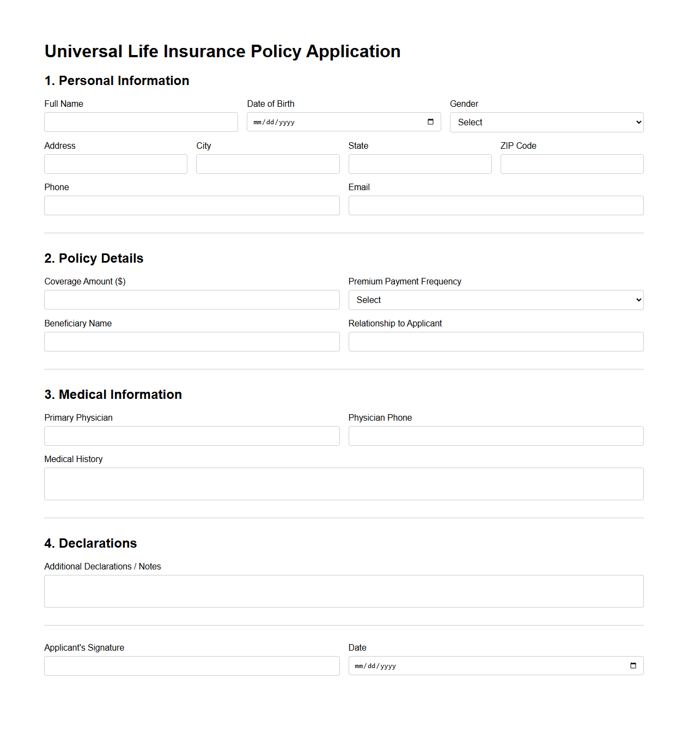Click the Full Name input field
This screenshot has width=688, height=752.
tap(141, 122)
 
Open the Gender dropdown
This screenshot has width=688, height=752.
tap(546, 122)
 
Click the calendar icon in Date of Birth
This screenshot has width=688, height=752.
tap(430, 122)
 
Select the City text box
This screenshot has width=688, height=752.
tap(267, 164)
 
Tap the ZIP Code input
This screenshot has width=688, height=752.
tap(571, 164)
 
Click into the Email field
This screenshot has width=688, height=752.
tap(496, 205)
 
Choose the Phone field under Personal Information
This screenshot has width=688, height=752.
tap(192, 205)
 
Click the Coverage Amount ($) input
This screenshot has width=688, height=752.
tap(192, 300)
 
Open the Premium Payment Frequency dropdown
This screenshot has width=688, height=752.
tap(496, 300)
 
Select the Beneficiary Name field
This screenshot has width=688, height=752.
tap(192, 342)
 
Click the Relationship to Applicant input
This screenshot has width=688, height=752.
tap(496, 342)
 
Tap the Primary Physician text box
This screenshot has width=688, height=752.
tap(192, 436)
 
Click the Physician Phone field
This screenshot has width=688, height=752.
tap(496, 436)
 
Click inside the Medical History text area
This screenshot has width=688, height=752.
tap(344, 484)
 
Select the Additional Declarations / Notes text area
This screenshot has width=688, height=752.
tap(344, 591)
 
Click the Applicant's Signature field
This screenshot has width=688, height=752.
tap(192, 666)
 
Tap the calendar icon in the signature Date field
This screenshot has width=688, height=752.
tap(633, 666)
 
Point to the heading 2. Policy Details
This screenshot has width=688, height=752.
tap(94, 258)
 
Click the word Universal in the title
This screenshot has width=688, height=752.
tap(83, 51)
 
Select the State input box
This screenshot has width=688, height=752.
tap(419, 164)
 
